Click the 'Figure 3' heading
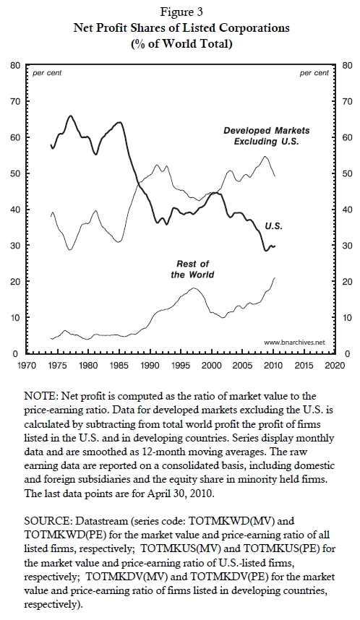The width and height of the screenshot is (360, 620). [181, 12]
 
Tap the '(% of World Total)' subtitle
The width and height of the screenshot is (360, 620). [181, 43]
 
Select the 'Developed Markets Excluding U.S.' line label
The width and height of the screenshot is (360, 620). [267, 136]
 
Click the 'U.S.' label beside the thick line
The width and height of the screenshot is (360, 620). [273, 226]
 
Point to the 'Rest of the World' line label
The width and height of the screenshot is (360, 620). [193, 269]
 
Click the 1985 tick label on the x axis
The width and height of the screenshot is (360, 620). [119, 365]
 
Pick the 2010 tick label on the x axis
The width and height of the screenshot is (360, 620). [273, 365]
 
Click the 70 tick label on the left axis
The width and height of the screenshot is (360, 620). [15, 102]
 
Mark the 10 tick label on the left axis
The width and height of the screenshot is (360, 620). [15, 317]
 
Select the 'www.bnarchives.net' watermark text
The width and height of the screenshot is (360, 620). [294, 342]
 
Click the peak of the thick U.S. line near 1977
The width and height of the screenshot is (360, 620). [70, 116]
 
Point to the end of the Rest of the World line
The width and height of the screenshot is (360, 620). [275, 277]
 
